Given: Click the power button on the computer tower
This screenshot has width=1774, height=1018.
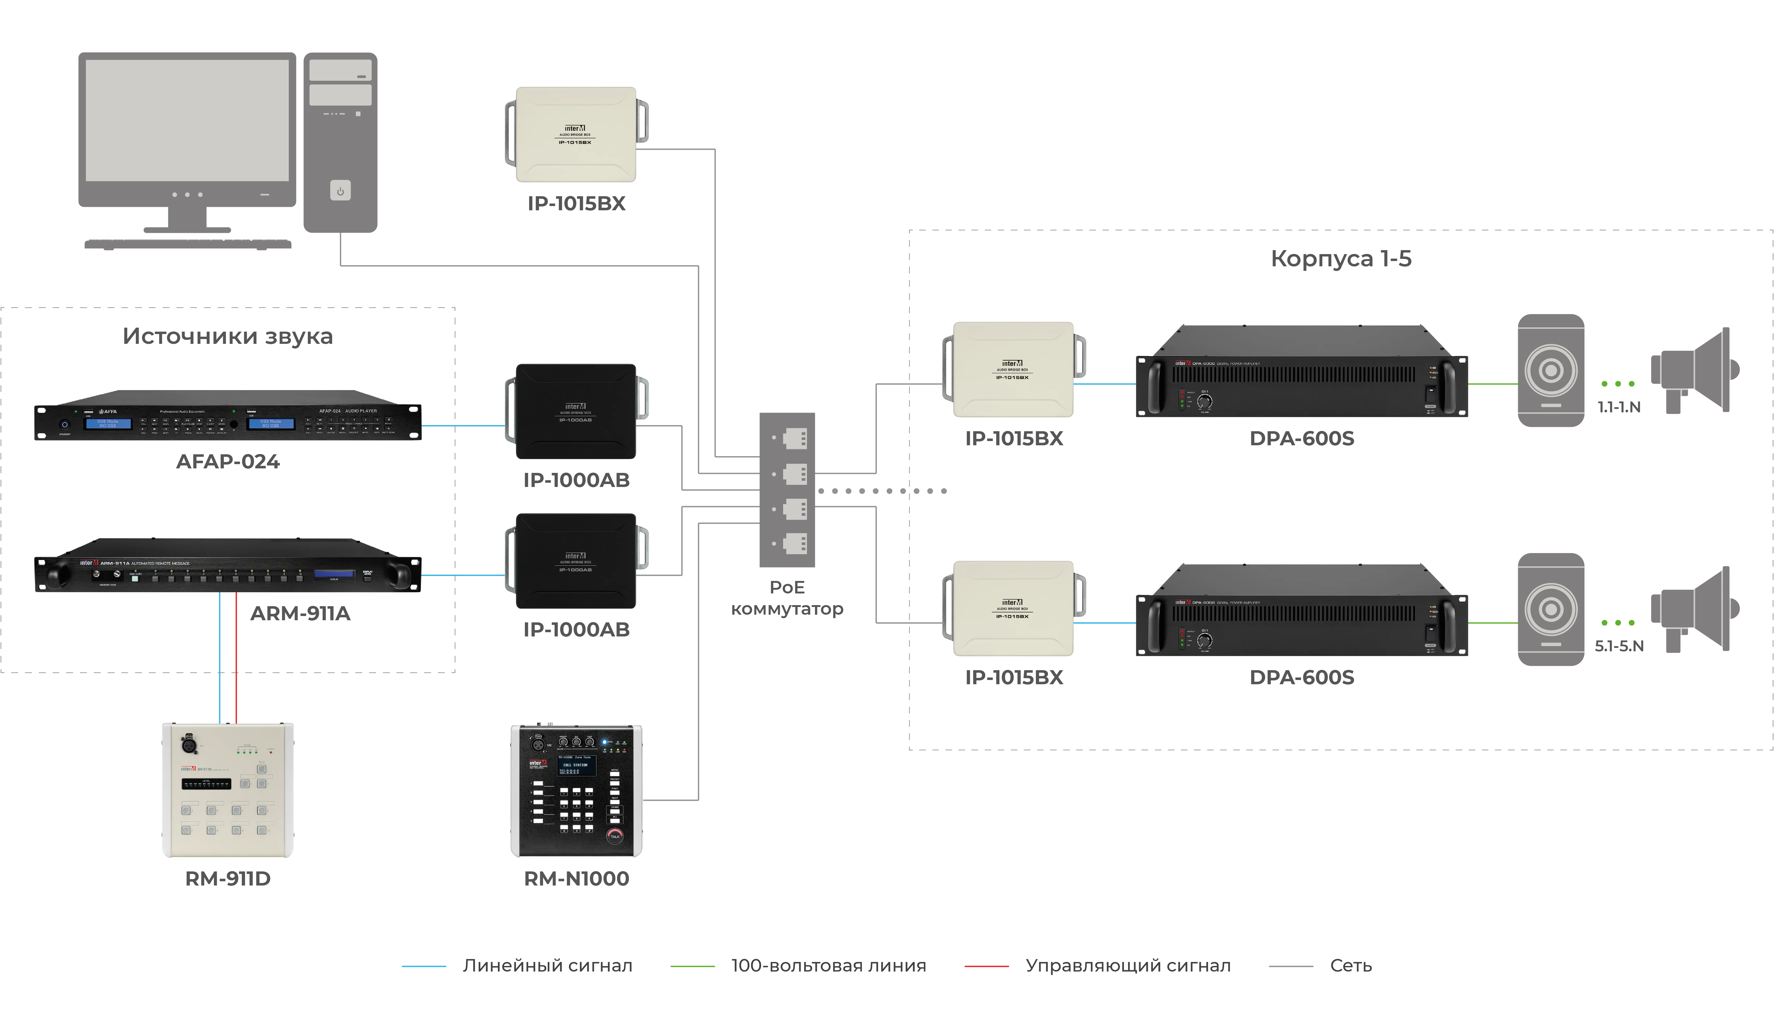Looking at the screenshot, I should click(x=340, y=191).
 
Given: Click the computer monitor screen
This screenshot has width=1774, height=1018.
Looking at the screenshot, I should click(x=187, y=120).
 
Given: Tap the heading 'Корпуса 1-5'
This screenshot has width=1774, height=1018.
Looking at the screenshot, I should click(x=1340, y=259).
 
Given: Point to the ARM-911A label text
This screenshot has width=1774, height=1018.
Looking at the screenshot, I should click(x=301, y=613).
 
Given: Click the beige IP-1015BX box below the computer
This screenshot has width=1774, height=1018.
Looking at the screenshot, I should click(x=576, y=134).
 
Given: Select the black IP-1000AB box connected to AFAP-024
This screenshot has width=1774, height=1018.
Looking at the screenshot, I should click(x=576, y=412).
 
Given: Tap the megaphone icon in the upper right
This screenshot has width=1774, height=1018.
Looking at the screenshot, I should click(x=1693, y=371).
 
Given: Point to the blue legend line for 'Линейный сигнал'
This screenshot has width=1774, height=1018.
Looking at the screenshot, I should click(x=424, y=966).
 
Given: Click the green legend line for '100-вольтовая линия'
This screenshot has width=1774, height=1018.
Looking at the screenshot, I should click(x=692, y=966).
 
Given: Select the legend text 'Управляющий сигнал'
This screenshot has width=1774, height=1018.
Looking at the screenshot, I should click(x=1127, y=966).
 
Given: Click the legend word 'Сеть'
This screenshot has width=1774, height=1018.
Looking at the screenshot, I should click(x=1351, y=966).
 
